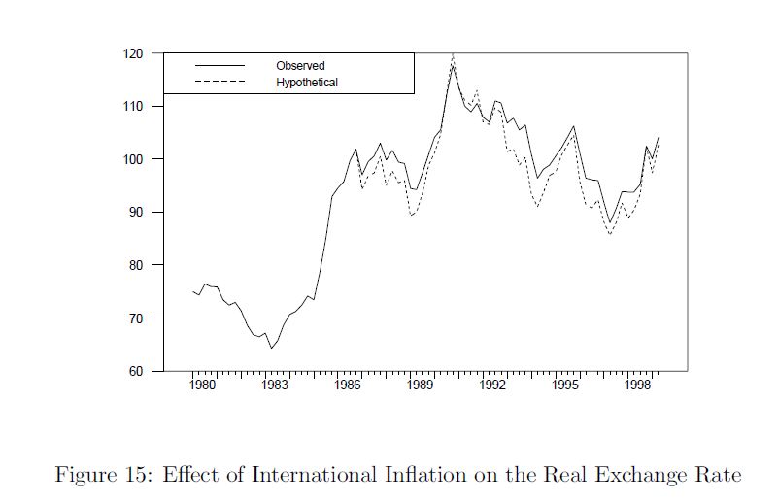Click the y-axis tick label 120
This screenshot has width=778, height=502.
click(133, 53)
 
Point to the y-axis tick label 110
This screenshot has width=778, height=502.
click(133, 106)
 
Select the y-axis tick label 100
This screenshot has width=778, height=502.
click(133, 159)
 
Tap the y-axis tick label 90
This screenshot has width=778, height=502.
click(136, 212)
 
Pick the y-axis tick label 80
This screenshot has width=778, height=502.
click(136, 265)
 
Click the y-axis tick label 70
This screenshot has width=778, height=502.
click(136, 318)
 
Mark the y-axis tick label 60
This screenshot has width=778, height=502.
click(136, 371)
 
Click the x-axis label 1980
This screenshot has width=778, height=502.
click(202, 385)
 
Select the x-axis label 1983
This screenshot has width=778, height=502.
click(275, 385)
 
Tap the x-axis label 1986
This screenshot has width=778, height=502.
click(348, 385)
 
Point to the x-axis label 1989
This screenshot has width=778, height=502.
click(420, 385)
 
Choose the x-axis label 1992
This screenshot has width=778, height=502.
click(492, 385)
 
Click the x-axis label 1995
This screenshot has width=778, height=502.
click(565, 385)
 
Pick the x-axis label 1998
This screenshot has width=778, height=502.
click(638, 385)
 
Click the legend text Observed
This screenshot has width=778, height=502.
click(300, 66)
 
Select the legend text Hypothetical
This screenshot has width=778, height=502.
click(307, 83)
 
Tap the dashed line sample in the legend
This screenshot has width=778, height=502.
click(220, 83)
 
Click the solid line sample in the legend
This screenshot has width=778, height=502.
click(220, 66)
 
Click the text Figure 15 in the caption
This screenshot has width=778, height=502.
click(99, 475)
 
